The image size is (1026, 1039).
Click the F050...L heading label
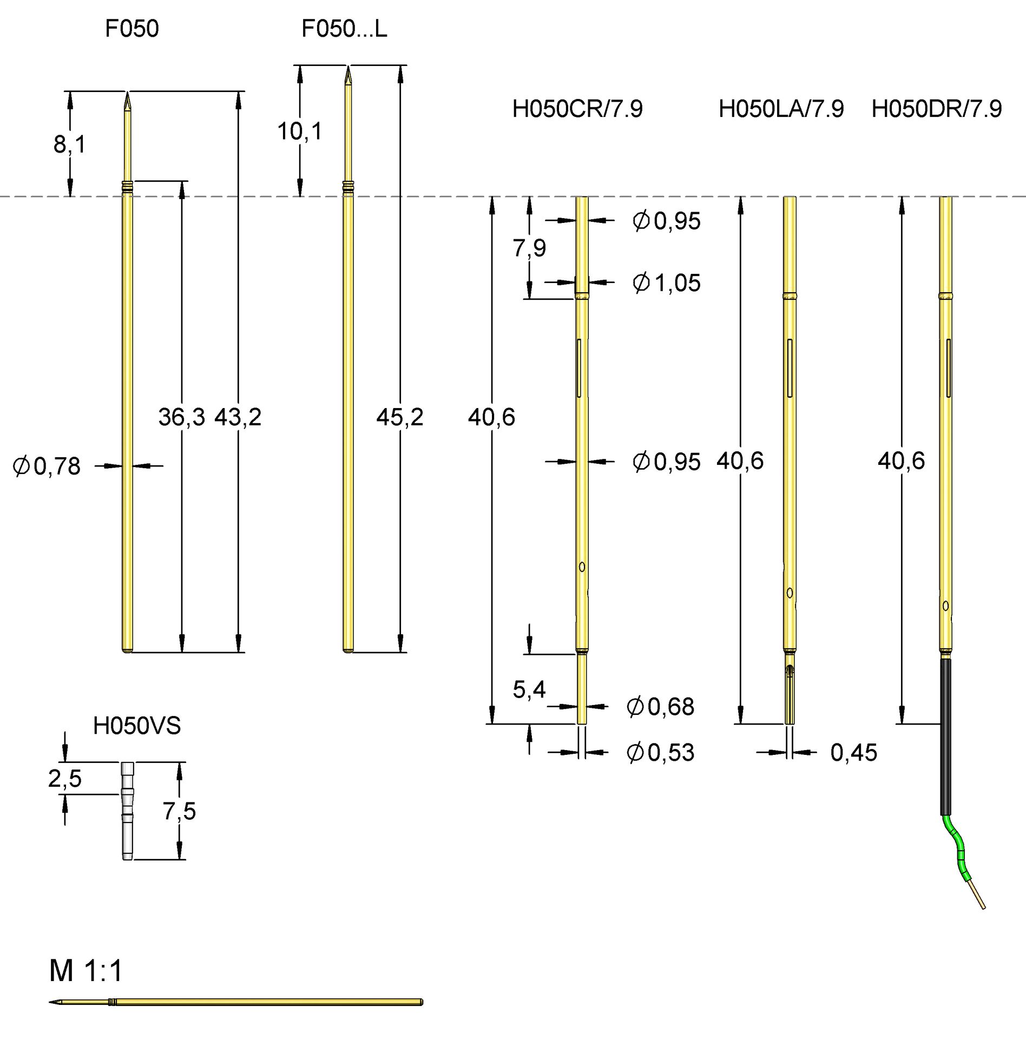click(x=344, y=29)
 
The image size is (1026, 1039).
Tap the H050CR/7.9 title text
click(x=577, y=109)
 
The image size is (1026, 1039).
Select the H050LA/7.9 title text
click(x=780, y=109)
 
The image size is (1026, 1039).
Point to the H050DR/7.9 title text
click(x=936, y=109)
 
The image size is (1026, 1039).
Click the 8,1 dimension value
click(x=69, y=144)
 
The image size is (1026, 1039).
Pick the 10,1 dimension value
click(x=299, y=131)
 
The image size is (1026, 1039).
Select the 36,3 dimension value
click(x=181, y=417)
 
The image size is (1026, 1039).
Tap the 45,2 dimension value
click(x=399, y=417)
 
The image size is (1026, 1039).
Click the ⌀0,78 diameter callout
click(x=47, y=466)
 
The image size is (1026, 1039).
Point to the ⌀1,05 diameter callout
click(x=667, y=282)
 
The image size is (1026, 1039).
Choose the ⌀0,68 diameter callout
click(x=660, y=706)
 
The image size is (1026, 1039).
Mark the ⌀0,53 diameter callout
click(x=660, y=752)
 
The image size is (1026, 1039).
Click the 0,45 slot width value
click(x=853, y=752)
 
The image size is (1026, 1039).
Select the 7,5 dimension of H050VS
click(x=179, y=811)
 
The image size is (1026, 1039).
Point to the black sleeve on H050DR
click(x=945, y=736)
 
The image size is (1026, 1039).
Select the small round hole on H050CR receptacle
click(x=582, y=567)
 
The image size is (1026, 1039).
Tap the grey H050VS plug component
click(x=127, y=810)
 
